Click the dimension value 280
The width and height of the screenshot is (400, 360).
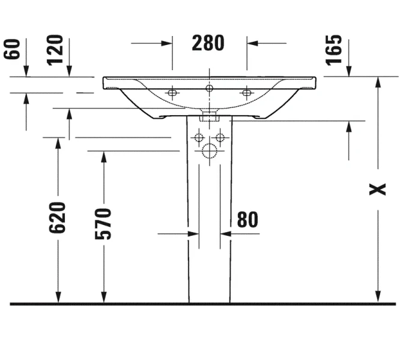point(208,43)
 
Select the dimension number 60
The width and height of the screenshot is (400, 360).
point(11,49)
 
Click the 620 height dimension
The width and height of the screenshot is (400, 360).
point(58,217)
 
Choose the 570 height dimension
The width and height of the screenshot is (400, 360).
point(103,223)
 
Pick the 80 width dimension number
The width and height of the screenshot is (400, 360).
point(247,220)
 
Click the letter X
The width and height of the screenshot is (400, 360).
point(377,190)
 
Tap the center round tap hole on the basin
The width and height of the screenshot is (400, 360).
point(209,88)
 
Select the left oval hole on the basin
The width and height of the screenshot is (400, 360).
point(172,92)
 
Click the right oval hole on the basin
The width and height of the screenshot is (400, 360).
point(246,92)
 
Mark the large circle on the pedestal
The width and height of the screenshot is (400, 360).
point(209,151)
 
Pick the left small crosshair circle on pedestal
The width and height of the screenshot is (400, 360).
point(197,137)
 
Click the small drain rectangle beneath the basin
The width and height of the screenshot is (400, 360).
point(209,116)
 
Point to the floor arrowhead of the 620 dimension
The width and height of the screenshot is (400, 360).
point(58,297)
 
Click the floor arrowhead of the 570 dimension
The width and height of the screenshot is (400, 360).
point(103,297)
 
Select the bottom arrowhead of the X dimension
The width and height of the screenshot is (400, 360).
point(377,297)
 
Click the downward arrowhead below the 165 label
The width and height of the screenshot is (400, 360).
point(349,71)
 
